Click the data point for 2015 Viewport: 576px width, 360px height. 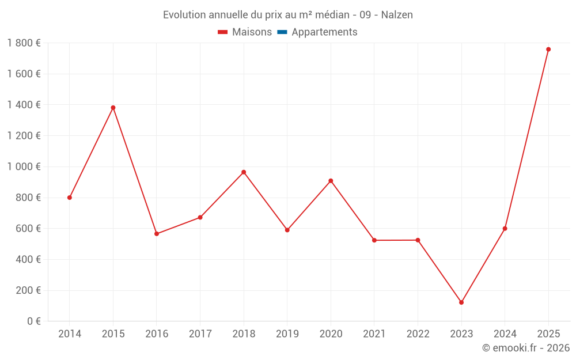113,108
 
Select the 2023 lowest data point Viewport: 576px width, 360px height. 461,302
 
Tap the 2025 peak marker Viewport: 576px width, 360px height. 548,50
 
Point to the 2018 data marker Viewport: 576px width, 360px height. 244,172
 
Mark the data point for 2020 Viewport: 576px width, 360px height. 331,181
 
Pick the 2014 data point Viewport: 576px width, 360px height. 70,198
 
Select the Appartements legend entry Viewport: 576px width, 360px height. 324,32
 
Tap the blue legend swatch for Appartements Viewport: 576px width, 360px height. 282,32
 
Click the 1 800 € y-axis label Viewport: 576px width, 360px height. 24,43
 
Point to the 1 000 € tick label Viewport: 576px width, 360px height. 24,167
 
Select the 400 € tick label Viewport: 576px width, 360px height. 28,260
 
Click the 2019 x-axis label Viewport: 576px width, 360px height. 287,334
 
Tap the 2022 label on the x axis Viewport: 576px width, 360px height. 418,334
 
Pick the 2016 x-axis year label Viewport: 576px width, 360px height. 157,334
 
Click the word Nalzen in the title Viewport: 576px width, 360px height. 397,15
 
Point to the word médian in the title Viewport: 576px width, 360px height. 331,15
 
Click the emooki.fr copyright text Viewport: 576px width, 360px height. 526,348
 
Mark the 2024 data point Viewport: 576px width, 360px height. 505,229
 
